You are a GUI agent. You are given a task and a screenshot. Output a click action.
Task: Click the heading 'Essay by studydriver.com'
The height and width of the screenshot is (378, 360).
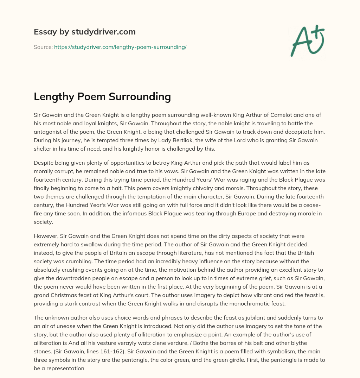84,32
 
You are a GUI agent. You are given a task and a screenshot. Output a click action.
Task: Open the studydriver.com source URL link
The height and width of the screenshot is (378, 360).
120,47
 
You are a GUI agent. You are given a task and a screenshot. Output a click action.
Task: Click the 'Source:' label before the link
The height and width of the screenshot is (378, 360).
43,47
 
